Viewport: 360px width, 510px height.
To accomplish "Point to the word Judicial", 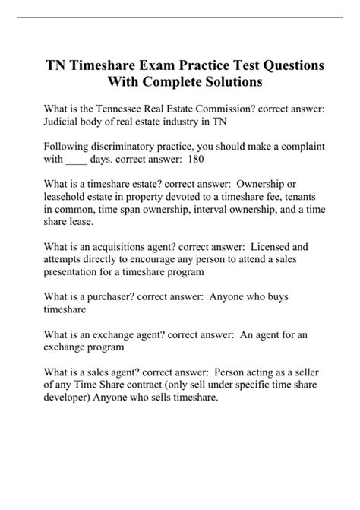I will click(67, 122).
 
